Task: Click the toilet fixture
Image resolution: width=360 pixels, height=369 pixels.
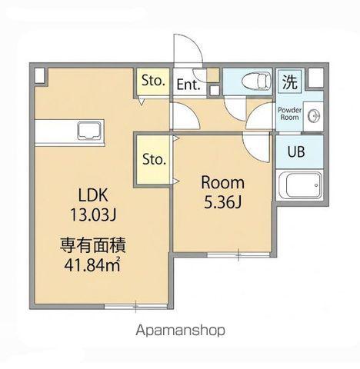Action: click(x=256, y=81)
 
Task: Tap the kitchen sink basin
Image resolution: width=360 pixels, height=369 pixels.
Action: click(x=89, y=131)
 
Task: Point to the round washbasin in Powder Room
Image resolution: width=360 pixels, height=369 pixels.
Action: click(x=315, y=116)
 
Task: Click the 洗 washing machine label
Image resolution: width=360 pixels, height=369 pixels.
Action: click(x=290, y=81)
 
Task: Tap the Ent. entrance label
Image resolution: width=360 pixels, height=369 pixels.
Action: click(x=188, y=85)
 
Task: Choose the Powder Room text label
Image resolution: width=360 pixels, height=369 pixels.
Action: click(x=290, y=114)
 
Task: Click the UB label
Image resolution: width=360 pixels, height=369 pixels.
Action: click(x=296, y=151)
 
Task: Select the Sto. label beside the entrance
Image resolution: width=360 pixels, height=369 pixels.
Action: click(x=153, y=81)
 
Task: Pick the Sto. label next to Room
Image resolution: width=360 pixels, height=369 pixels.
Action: click(x=154, y=159)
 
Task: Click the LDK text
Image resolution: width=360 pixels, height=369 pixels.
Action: click(x=93, y=195)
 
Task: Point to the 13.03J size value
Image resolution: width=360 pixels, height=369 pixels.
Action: click(x=93, y=214)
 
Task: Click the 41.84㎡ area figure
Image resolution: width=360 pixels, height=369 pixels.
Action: click(x=92, y=265)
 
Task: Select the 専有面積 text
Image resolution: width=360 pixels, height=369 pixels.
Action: click(x=93, y=245)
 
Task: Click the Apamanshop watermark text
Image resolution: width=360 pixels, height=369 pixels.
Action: click(x=181, y=331)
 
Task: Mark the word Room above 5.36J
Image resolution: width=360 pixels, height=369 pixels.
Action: click(x=223, y=182)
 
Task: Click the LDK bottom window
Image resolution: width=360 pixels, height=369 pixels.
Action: click(x=136, y=306)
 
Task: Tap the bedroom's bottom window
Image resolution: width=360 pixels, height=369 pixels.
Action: click(x=238, y=254)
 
